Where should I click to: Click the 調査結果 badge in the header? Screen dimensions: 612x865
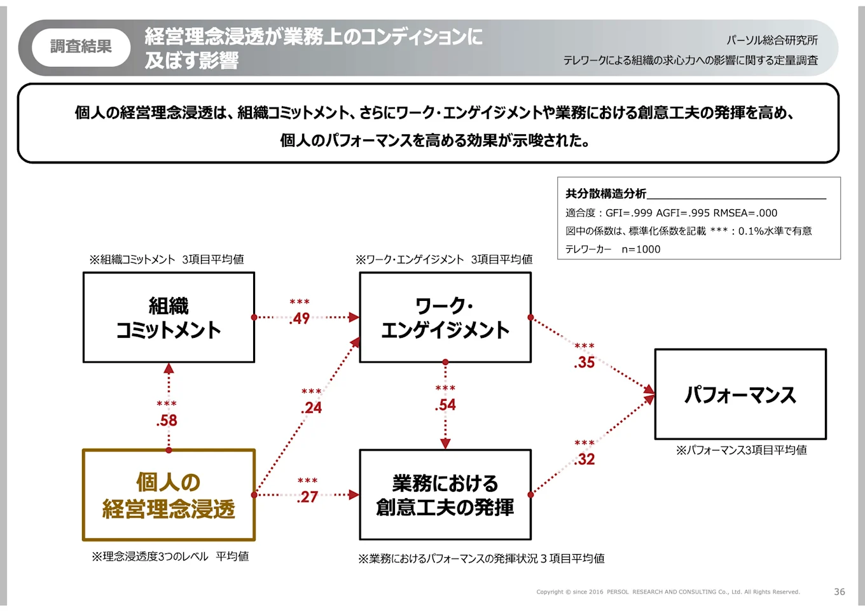(81, 46)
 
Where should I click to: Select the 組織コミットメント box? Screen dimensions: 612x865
(169, 317)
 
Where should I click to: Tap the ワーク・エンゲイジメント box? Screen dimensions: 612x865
(445, 317)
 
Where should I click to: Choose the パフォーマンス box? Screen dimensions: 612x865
(740, 394)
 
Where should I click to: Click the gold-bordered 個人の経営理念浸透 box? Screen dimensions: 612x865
(169, 495)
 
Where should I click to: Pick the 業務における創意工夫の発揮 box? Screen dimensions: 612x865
(445, 495)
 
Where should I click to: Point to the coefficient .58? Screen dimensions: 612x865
(167, 421)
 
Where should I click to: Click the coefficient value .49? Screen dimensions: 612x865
(300, 318)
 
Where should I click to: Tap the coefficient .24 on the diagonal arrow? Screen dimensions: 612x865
(312, 408)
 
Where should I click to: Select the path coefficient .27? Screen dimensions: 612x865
(308, 497)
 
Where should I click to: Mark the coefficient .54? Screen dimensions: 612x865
(446, 405)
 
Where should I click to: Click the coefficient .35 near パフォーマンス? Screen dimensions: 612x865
(585, 363)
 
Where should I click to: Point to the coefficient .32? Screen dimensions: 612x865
(585, 459)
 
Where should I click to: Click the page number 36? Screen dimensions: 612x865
(840, 592)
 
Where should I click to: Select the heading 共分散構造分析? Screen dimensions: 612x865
(605, 193)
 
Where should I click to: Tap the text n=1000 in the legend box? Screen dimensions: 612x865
(641, 249)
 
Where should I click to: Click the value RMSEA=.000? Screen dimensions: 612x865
(745, 213)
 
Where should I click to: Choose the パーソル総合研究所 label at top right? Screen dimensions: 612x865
(772, 40)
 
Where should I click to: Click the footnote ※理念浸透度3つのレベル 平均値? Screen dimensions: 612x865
(170, 557)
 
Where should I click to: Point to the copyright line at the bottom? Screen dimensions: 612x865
(668, 592)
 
